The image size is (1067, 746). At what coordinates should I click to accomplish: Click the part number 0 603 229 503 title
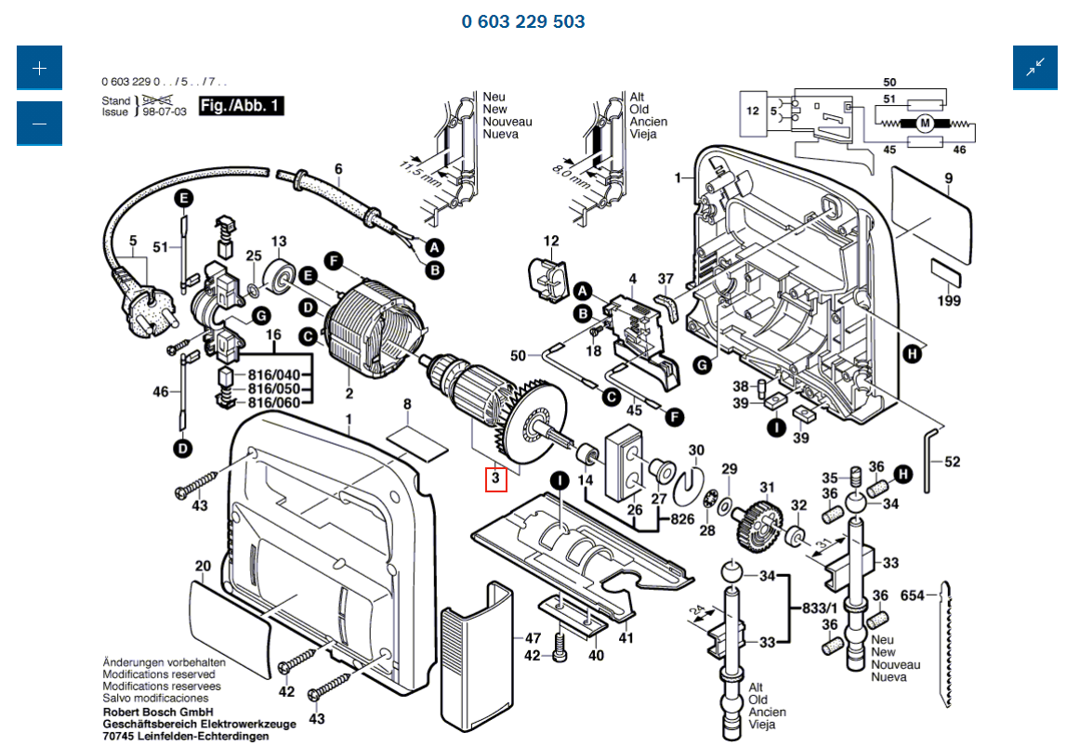(x=523, y=21)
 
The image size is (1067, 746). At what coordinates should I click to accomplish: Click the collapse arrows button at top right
(x=1035, y=68)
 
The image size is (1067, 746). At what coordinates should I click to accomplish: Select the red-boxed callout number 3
(x=495, y=478)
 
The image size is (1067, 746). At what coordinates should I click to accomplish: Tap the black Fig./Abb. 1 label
(x=240, y=106)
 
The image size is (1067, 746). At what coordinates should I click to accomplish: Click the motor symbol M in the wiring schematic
(x=925, y=123)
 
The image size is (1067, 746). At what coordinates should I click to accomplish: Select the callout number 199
(x=949, y=301)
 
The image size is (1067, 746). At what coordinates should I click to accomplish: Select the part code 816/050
(x=274, y=388)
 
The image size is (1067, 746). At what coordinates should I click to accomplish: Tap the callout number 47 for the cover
(x=533, y=638)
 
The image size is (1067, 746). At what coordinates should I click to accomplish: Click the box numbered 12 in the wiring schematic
(x=753, y=111)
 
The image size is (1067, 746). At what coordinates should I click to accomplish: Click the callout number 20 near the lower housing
(x=203, y=567)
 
